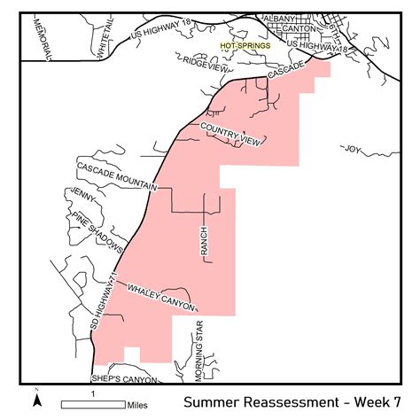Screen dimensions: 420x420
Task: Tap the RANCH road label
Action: click(x=203, y=241)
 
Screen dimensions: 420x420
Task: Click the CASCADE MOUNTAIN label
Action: click(x=115, y=177)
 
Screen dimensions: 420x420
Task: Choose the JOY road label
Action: click(x=354, y=149)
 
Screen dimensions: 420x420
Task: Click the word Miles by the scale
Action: click(x=137, y=404)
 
